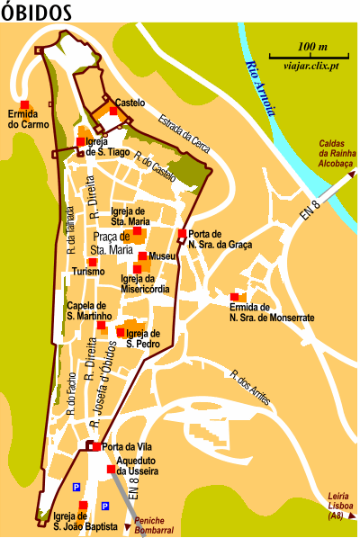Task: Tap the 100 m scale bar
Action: pyautogui.click(x=312, y=54)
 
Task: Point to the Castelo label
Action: pyautogui.click(x=130, y=103)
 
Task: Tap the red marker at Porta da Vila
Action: pyautogui.click(x=95, y=446)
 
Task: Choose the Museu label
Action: pyautogui.click(x=162, y=256)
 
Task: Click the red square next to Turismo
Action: pyautogui.click(x=92, y=262)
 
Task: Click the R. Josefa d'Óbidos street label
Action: pyautogui.click(x=104, y=382)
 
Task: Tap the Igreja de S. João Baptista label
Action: pyautogui.click(x=85, y=522)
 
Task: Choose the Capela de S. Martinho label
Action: pyautogui.click(x=88, y=311)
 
